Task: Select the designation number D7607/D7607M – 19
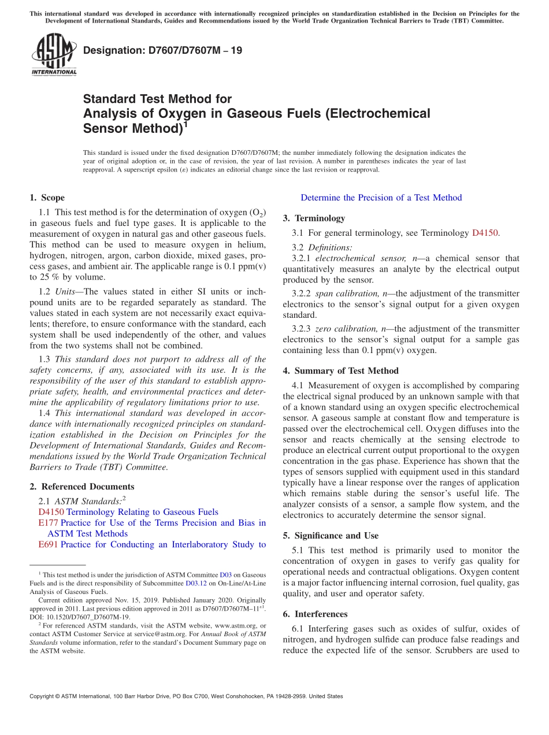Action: (162, 51)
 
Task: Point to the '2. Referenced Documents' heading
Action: (81, 487)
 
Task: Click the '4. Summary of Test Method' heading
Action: (340, 371)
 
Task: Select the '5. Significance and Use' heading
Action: (331, 536)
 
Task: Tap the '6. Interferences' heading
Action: (315, 614)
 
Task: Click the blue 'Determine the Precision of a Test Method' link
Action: (381, 198)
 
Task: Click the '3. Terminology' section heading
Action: (314, 218)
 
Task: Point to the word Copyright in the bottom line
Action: (42, 696)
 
